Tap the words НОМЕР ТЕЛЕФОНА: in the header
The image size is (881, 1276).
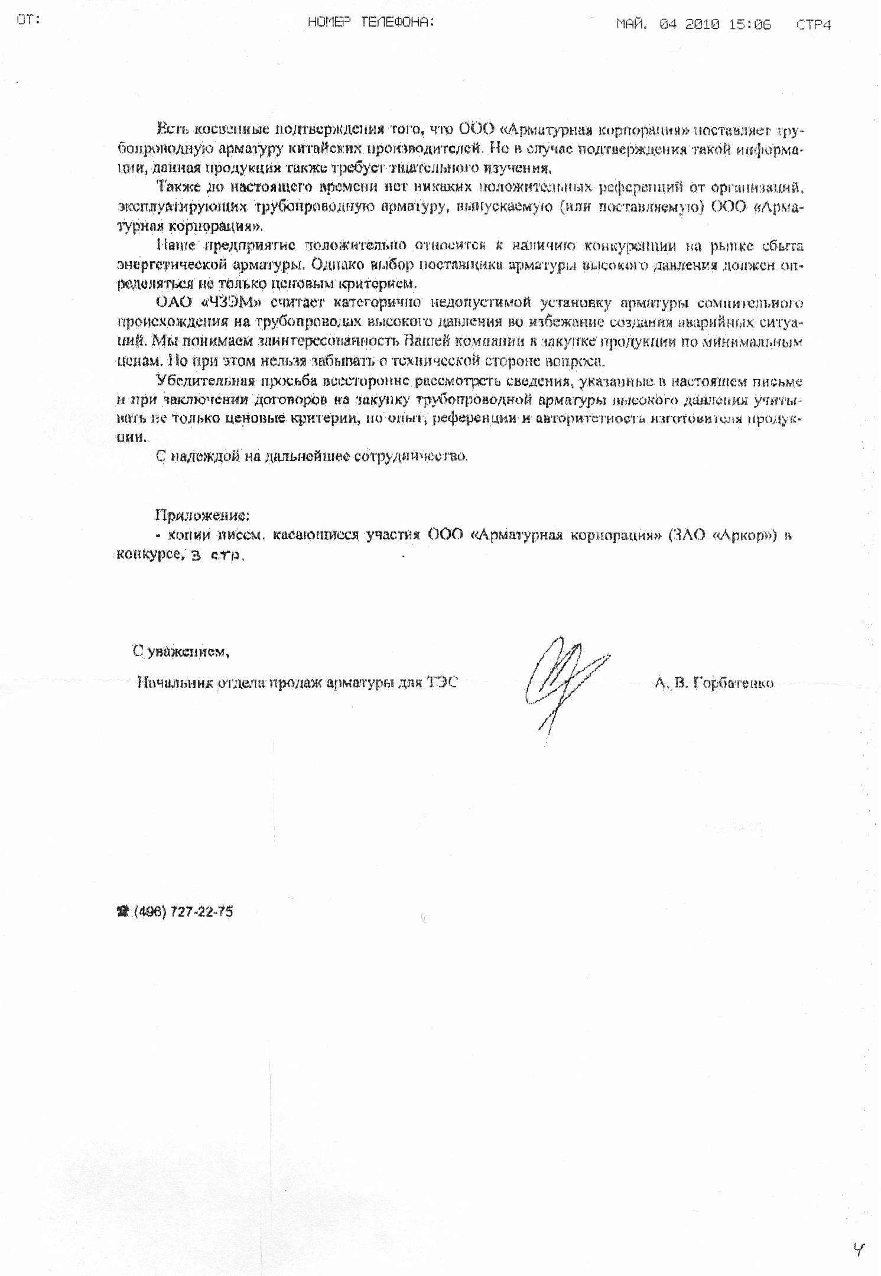pyautogui.click(x=370, y=22)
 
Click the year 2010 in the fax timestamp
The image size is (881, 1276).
pyautogui.click(x=702, y=24)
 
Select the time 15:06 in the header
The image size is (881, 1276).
pyautogui.click(x=750, y=24)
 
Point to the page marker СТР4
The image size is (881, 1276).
pyautogui.click(x=813, y=25)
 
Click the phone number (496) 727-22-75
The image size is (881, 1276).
pyautogui.click(x=183, y=911)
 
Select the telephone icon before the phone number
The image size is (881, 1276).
pyautogui.click(x=123, y=911)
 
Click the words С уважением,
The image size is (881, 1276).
pyautogui.click(x=181, y=651)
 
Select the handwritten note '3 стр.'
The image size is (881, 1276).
pyautogui.click(x=217, y=555)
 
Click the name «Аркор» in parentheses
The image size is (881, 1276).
pyautogui.click(x=744, y=535)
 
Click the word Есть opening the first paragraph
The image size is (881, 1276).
pyautogui.click(x=171, y=129)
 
